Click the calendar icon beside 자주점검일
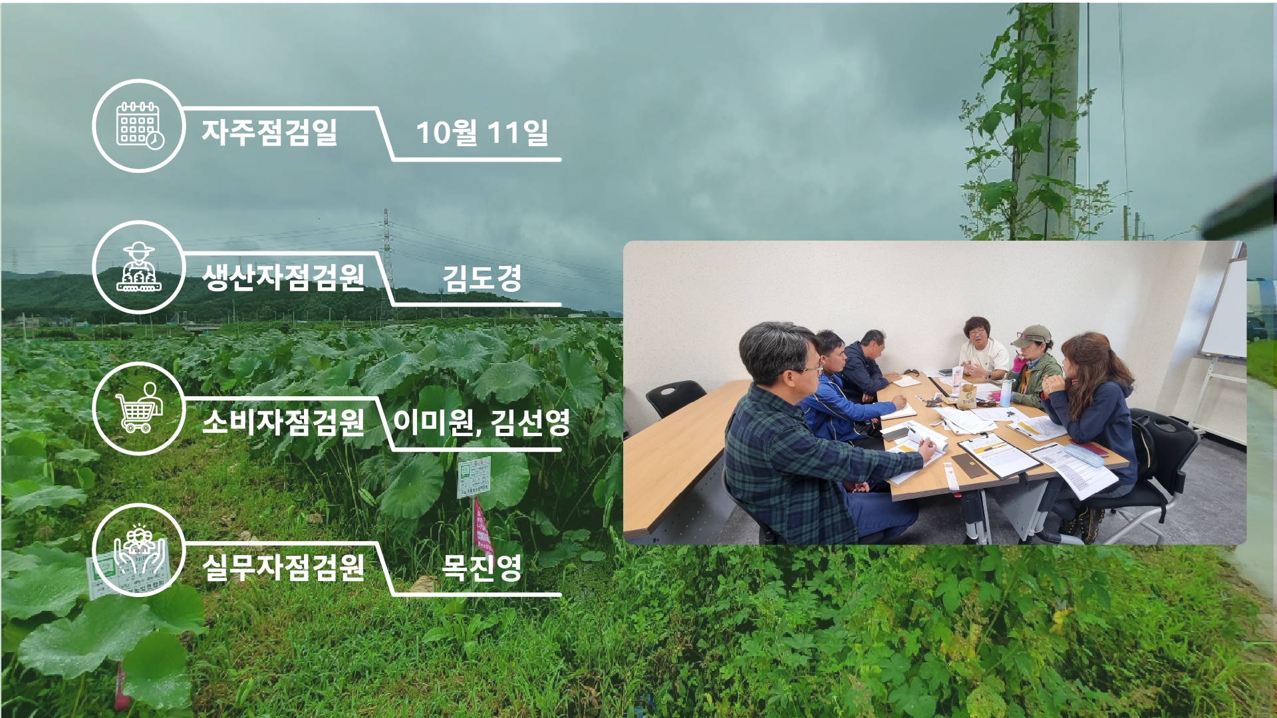140,126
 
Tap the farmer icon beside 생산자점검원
139,267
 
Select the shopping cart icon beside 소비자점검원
139,408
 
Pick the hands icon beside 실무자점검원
139,550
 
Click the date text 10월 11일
482,132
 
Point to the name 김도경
482,277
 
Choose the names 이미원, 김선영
482,421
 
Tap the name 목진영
482,567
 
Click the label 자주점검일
270,132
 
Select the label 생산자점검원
283,277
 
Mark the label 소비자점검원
283,421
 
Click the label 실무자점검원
283,567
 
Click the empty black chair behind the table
674,397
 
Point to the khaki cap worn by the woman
1030,336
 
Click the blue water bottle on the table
1006,392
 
